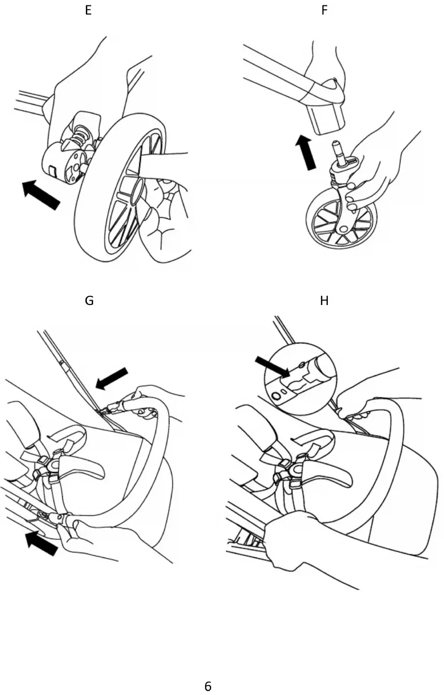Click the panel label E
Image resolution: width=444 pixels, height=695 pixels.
[x=88, y=10]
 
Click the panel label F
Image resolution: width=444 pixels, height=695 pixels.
[x=324, y=10]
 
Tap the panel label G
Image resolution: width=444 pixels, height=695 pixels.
[x=89, y=301]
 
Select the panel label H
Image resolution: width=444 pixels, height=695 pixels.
[x=324, y=301]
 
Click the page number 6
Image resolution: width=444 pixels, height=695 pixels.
[x=208, y=686]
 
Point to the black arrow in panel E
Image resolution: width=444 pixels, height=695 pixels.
[x=41, y=194]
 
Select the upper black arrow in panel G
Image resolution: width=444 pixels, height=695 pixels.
[x=112, y=378]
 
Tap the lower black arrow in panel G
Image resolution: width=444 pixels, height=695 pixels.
[x=42, y=543]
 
